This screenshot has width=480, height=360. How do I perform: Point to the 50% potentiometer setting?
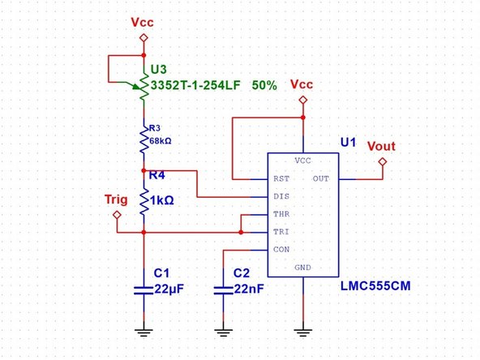265,84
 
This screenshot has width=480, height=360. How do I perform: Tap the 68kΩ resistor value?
159,139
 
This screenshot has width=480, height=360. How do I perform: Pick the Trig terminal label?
117,199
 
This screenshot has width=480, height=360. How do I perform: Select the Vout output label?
382,146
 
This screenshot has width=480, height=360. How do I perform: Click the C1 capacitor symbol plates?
144,289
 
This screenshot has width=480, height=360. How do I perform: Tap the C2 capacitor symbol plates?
223,289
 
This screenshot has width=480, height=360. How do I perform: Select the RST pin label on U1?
281,178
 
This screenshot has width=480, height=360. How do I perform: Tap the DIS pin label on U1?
281,196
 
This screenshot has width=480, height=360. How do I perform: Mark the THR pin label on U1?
281,215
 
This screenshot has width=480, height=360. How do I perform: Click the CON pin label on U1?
281,250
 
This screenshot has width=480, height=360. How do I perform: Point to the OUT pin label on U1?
320,178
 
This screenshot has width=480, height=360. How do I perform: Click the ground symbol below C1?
144,330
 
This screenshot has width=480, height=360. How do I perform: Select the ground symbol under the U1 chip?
302,330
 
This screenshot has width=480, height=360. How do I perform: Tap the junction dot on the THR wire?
241,232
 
